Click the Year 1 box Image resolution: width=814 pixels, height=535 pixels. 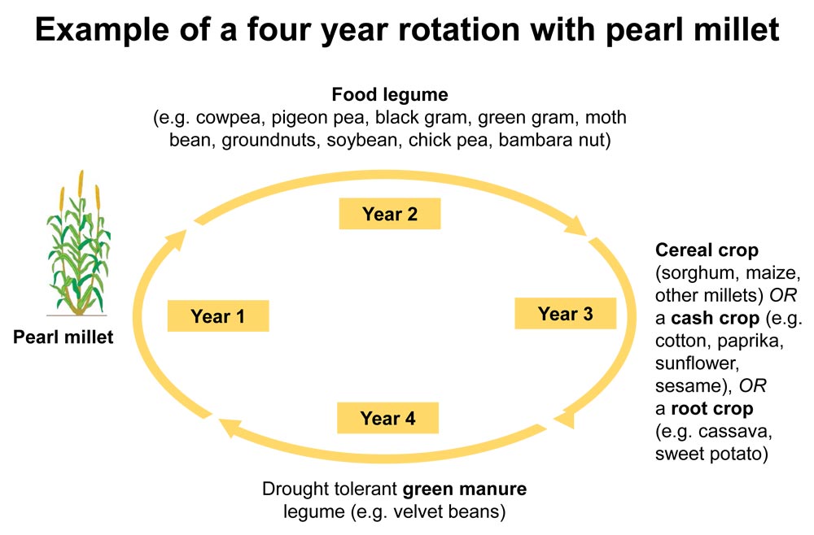tap(218, 315)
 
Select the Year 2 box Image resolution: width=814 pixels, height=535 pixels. tap(390, 214)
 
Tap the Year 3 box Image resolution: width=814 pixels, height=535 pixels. tap(566, 313)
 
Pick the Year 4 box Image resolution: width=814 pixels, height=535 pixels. tap(387, 418)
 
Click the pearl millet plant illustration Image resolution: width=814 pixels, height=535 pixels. tap(78, 243)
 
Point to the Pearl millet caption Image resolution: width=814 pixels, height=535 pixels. tap(63, 337)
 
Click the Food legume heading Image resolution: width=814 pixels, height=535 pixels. tap(390, 95)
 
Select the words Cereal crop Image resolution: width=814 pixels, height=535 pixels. tap(707, 250)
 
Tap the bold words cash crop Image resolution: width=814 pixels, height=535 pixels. tap(715, 318)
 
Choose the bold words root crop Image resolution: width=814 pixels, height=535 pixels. tap(711, 408)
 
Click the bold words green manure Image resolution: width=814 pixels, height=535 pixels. tap(465, 489)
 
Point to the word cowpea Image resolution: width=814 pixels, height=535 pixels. tap(229, 118)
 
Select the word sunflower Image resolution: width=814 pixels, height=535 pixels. tap(696, 363)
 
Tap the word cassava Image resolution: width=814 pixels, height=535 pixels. tap(734, 431)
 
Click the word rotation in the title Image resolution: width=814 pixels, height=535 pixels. tap(459, 29)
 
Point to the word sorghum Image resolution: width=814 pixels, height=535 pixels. tap(698, 273)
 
